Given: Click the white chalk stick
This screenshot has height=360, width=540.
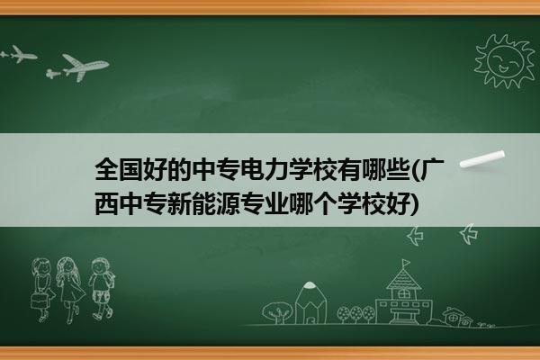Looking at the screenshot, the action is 482,159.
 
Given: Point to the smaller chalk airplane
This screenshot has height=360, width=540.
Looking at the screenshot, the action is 19,54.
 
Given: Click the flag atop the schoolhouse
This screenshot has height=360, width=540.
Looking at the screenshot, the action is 407,263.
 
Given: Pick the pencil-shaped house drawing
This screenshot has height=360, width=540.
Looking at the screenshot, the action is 310,302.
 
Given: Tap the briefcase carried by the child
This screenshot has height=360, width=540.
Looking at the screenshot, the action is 39,301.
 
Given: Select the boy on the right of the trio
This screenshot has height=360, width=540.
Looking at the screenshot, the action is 101,289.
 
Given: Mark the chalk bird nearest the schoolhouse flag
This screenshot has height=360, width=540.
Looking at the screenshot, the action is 415,237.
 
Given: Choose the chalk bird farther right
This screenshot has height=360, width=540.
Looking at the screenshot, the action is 469,234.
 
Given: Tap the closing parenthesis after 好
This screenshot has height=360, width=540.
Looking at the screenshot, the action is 414,204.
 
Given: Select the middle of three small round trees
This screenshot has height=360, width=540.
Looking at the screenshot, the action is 356,313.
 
